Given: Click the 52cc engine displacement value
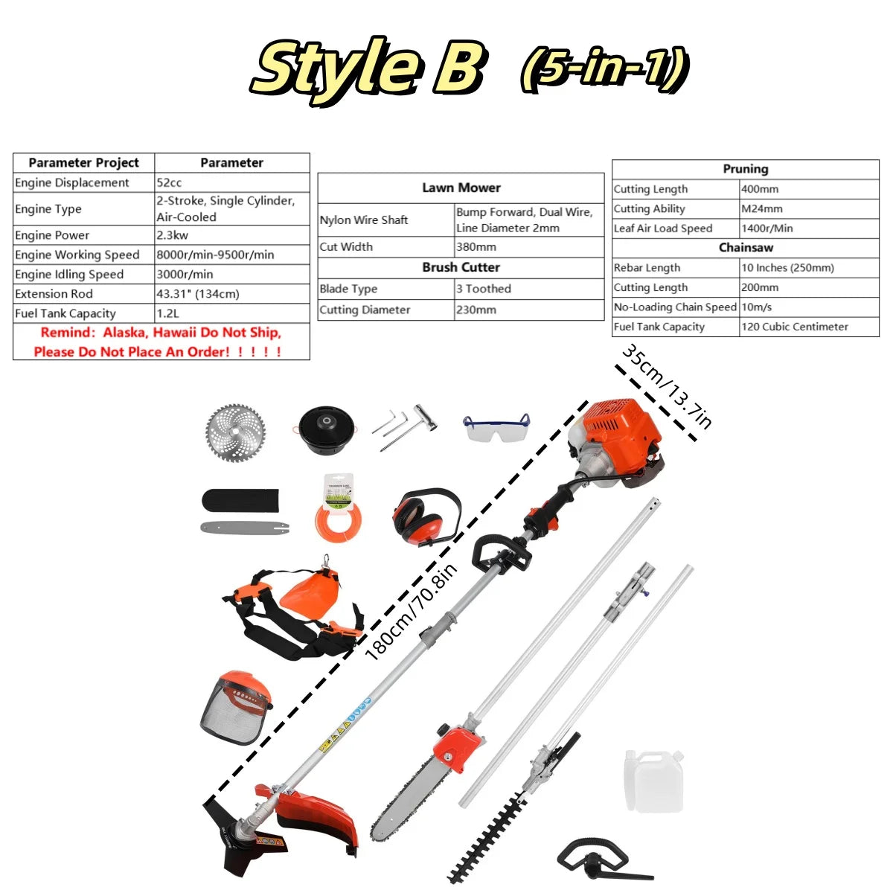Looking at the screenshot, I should tap(169, 182).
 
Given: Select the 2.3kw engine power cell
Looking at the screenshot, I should tap(170, 235).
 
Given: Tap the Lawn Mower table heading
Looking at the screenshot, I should tap(461, 188).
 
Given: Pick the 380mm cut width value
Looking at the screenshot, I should tap(476, 247).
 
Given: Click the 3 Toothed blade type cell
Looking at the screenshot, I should tap(484, 289).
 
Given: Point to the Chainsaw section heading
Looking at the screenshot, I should tap(746, 248).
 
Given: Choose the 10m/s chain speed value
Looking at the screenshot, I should tap(756, 307).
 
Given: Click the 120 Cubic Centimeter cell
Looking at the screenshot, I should tap(794, 327).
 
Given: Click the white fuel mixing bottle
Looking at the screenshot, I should tap(653, 781).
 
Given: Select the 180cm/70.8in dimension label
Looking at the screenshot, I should tap(412, 612).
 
